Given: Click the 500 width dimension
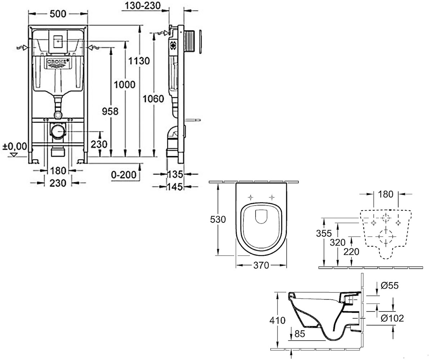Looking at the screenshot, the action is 58,14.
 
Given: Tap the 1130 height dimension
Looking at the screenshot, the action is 139,61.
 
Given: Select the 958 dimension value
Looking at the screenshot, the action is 110,111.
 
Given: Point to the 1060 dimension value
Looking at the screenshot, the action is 153,99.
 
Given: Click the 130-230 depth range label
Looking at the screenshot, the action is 143,6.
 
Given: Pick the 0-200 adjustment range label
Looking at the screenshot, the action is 124,175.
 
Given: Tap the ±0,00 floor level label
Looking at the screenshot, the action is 15,147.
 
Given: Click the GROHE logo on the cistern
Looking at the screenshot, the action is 58,63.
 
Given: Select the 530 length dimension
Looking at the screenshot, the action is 218,219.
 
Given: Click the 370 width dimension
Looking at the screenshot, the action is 261,265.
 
